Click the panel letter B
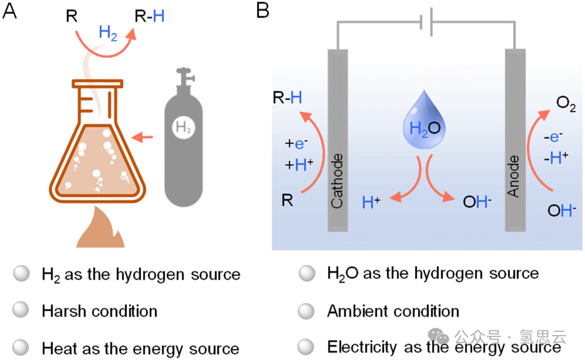pos(263,11)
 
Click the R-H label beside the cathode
pos(287,97)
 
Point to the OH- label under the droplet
pos(476,202)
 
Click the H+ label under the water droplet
pos(372,202)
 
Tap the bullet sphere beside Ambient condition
pos(307,310)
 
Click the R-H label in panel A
pos(150,16)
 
